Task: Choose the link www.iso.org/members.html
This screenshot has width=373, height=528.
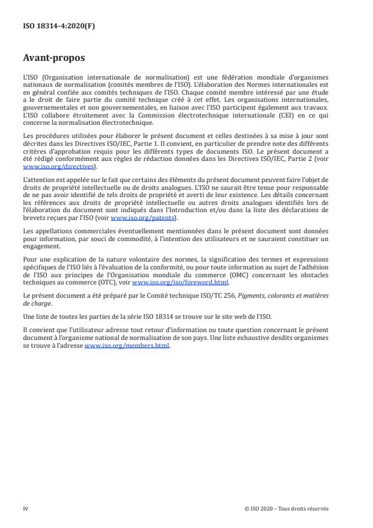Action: [x=128, y=346]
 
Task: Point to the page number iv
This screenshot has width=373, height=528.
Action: [x=25, y=508]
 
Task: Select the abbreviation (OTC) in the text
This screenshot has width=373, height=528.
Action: [x=120, y=282]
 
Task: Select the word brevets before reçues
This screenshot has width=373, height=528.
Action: [x=34, y=218]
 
